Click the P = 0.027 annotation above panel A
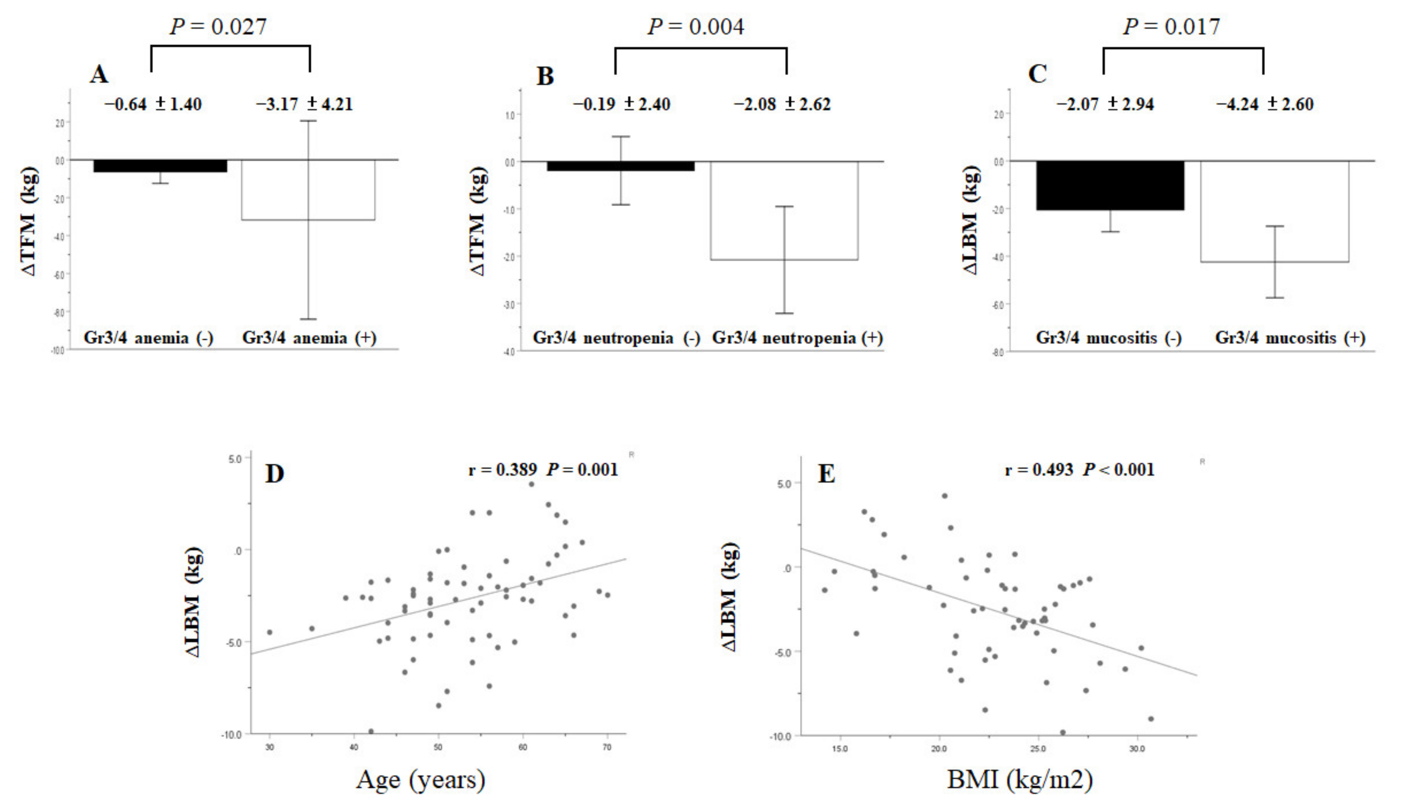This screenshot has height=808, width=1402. tap(218, 27)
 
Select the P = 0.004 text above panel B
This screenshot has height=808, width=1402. tap(696, 27)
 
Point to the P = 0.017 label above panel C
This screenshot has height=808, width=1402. tap(1171, 27)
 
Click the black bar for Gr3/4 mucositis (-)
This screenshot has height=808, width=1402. tap(1110, 185)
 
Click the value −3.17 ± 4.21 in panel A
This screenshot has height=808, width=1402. tap(304, 104)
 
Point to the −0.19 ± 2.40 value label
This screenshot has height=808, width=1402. tap(622, 104)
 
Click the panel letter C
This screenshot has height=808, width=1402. tap(1038, 74)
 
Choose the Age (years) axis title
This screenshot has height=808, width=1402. tap(421, 780)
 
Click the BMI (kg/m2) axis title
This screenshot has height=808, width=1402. tap(1020, 780)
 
